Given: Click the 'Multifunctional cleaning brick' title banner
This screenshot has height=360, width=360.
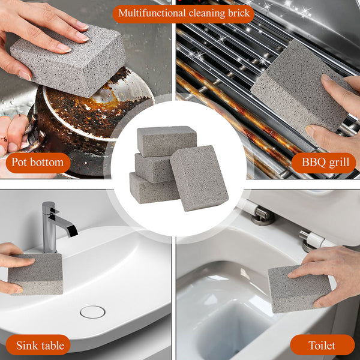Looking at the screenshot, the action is point(184,14).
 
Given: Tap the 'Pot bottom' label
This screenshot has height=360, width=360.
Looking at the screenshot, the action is point(38,163).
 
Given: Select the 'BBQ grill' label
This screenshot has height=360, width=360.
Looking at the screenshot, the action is point(323,163).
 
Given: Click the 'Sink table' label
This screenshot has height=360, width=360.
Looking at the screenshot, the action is point(38,345).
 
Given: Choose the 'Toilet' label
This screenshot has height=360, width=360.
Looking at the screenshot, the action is point(322,345).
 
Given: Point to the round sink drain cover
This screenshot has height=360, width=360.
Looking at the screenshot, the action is point(93,312).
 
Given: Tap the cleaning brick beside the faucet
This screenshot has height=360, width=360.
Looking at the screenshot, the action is point(35,274).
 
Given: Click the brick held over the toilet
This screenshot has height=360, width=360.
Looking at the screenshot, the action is point(298,289).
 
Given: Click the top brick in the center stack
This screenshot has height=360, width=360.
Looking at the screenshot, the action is point(166,140).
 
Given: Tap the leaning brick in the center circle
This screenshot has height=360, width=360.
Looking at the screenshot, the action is point(199,178).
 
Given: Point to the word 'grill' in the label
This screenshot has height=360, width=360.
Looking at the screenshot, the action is point(340,163).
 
